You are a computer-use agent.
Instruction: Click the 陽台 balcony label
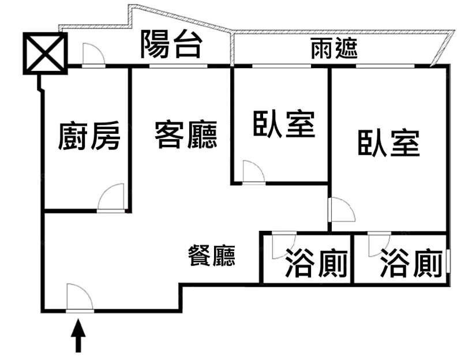tap(171, 44)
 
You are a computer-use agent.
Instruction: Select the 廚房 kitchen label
tap(89, 137)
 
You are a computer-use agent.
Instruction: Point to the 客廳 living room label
tap(186, 136)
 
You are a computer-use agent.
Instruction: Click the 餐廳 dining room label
tap(212, 255)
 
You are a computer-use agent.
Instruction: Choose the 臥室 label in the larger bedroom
tap(388, 143)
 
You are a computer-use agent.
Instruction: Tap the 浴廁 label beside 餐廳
tap(316, 265)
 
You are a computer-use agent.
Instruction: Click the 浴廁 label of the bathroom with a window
tap(411, 265)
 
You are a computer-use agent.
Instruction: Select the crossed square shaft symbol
tap(45, 52)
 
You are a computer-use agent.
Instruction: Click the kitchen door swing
tap(111, 198)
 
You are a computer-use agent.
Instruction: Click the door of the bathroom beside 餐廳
tap(283, 242)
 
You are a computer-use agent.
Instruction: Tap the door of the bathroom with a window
tap(378, 242)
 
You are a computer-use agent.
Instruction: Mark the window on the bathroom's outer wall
tap(447, 262)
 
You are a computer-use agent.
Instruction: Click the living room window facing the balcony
tap(179, 67)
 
